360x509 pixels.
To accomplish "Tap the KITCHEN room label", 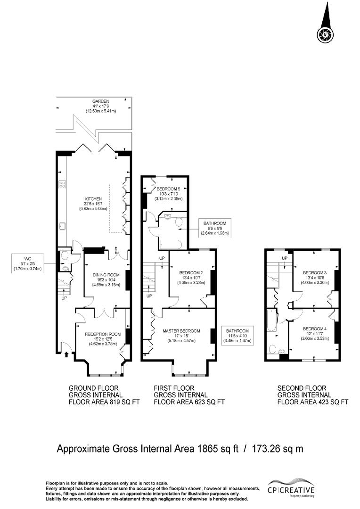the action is click(x=93, y=199).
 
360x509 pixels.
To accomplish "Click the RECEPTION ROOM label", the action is click(x=103, y=334).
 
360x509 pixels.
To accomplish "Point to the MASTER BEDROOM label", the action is click(x=181, y=331).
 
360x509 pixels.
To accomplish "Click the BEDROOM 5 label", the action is click(x=168, y=189).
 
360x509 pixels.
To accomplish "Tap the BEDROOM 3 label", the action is click(x=315, y=272).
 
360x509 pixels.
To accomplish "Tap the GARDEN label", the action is click(x=101, y=101).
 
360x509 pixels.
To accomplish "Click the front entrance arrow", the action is click(x=66, y=354).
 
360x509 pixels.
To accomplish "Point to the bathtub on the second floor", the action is click(x=271, y=320).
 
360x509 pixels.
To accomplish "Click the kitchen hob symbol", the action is click(x=62, y=184).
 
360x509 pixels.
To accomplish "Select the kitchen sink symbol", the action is click(x=62, y=226).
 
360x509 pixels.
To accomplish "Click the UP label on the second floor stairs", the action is click(x=285, y=258).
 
